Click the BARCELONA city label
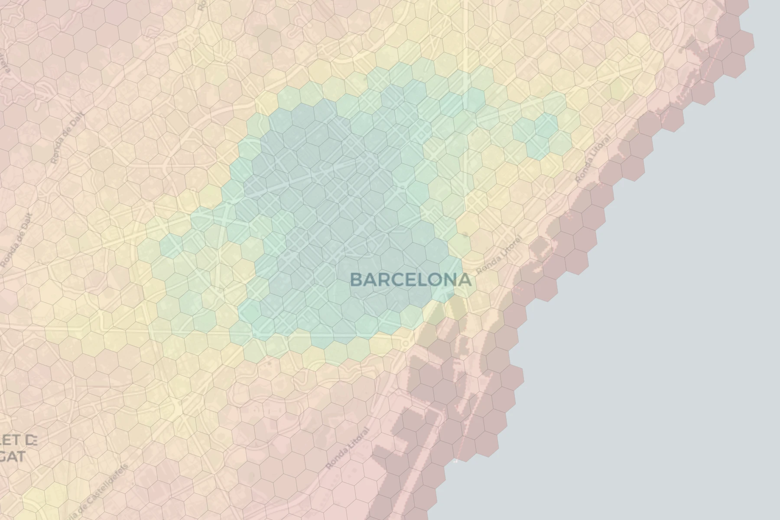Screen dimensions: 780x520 pos(410,280)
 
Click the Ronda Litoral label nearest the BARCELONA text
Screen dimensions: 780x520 pos(499,256)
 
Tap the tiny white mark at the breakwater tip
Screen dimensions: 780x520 pos(455,461)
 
